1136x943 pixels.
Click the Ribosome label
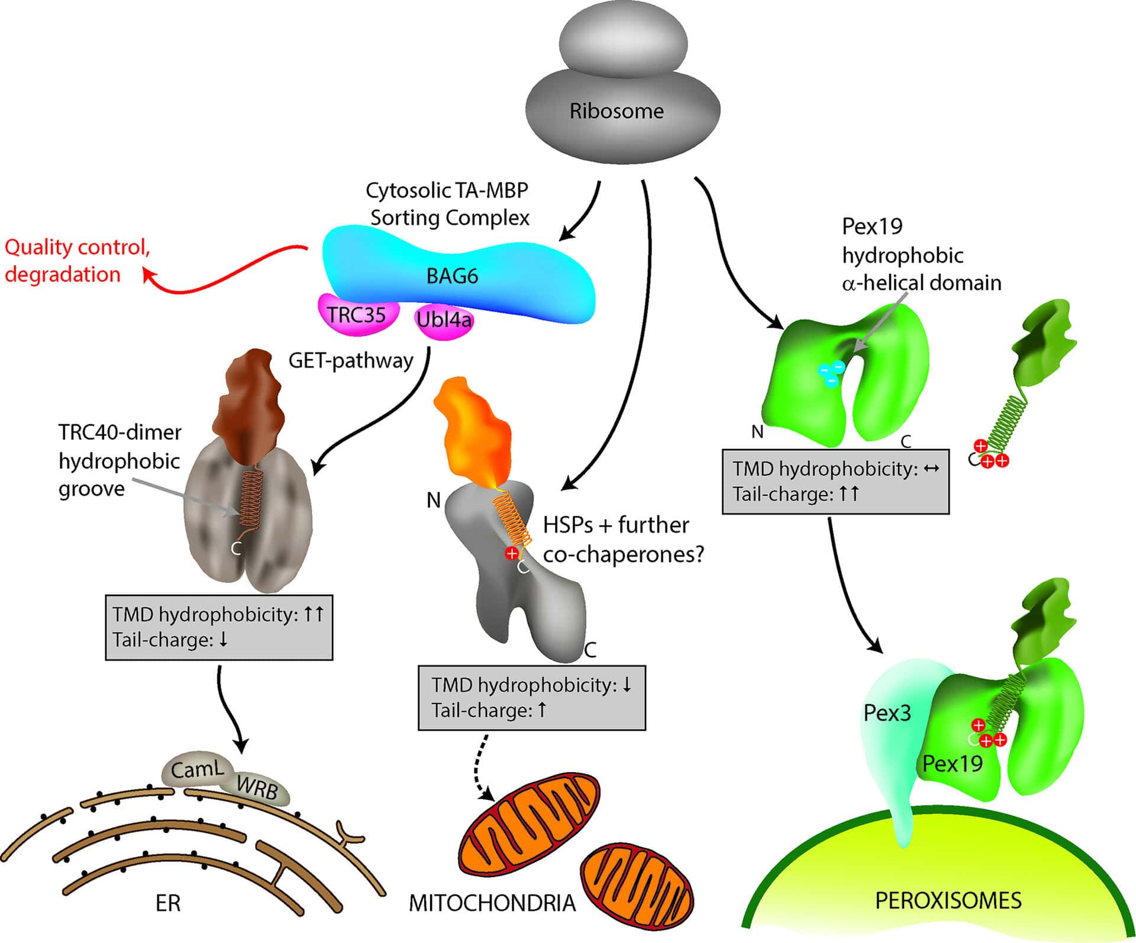click(x=617, y=111)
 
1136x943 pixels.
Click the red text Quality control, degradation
click(x=77, y=260)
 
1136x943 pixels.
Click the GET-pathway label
click(x=350, y=360)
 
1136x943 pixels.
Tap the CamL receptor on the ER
click(x=197, y=770)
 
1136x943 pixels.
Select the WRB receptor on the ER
click(x=257, y=787)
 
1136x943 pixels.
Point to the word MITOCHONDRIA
click(x=492, y=903)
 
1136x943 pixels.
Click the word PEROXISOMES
click(x=948, y=900)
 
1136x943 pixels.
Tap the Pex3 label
click(x=887, y=713)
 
